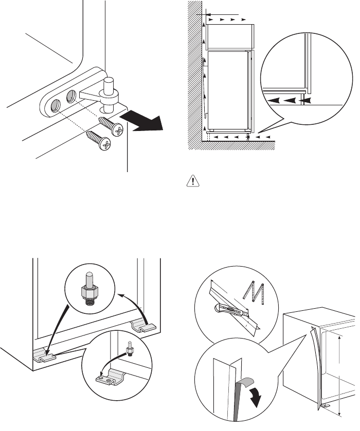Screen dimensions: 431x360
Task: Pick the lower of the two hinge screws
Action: click(97, 140)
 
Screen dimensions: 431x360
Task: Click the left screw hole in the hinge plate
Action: click(54, 106)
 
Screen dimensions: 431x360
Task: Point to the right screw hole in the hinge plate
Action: click(71, 95)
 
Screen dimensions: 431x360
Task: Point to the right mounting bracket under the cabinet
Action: click(142, 325)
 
